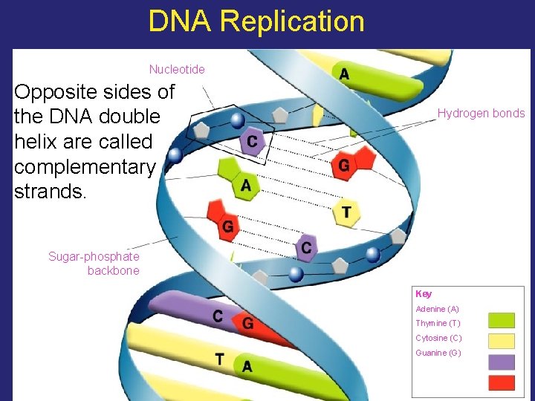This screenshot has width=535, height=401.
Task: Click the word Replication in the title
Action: tap(292, 22)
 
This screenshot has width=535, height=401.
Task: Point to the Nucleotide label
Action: tap(177, 69)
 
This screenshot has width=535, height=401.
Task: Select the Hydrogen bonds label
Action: tap(481, 114)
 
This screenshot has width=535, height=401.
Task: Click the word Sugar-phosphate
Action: tap(94, 256)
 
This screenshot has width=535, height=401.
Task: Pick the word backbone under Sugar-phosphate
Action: tap(113, 271)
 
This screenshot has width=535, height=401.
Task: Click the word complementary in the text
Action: tap(84, 167)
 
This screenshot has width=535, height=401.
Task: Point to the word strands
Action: tap(51, 192)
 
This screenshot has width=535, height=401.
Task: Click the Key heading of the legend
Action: tap(424, 294)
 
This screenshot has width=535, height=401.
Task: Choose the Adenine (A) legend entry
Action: tap(438, 309)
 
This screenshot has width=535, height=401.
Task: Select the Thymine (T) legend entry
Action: tap(438, 323)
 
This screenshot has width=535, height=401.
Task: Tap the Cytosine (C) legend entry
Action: tap(438, 338)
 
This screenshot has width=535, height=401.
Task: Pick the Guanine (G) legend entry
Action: tap(438, 353)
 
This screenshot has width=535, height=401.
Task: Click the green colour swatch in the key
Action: tap(501, 320)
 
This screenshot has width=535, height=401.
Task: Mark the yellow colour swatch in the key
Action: tap(501, 341)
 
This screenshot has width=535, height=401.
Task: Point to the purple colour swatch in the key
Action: tap(501, 362)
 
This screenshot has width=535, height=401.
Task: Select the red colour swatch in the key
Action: tap(501, 382)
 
